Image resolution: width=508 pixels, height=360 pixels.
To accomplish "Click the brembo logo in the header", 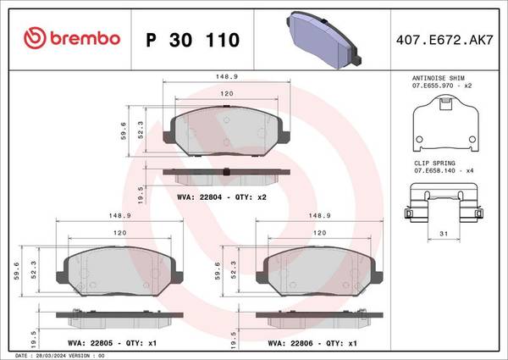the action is [72, 38].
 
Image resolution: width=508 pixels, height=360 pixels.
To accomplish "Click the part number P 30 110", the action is [193, 40].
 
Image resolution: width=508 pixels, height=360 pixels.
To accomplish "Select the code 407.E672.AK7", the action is [444, 40].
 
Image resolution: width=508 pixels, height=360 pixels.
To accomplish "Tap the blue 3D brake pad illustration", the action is [323, 40].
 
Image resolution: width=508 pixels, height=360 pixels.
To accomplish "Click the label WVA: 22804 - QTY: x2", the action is [222, 197].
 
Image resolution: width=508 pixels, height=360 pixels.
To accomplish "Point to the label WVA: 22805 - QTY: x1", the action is [112, 343].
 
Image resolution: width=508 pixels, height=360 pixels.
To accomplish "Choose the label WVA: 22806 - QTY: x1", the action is [312, 343].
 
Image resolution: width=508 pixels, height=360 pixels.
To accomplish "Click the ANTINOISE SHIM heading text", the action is [438, 78].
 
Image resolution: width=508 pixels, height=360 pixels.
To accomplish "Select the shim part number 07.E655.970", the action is [433, 86].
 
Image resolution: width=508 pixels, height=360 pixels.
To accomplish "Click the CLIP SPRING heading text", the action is [434, 163].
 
